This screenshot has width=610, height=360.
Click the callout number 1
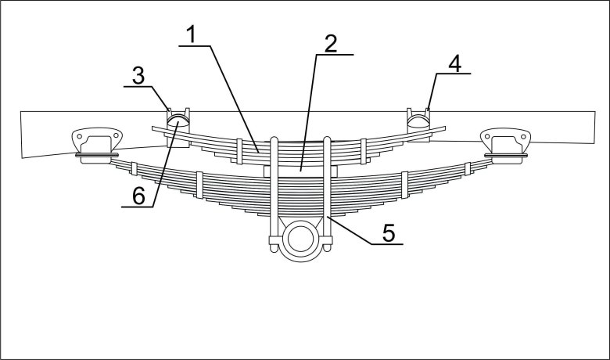(192, 34)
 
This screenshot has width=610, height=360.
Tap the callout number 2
(331, 44)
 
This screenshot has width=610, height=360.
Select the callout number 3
(138, 75)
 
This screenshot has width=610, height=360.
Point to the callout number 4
(455, 63)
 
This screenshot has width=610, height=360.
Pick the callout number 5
(389, 232)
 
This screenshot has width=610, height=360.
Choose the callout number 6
(138, 196)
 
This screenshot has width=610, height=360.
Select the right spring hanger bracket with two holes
(505, 144)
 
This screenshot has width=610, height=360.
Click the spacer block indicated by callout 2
(300, 171)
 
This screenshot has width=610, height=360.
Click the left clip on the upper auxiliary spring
(239, 150)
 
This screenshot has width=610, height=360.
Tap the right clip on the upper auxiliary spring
(363, 151)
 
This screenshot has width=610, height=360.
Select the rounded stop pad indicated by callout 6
(178, 120)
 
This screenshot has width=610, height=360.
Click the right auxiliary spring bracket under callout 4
(418, 124)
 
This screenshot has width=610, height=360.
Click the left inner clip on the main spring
(199, 185)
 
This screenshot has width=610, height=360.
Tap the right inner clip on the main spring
(404, 185)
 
